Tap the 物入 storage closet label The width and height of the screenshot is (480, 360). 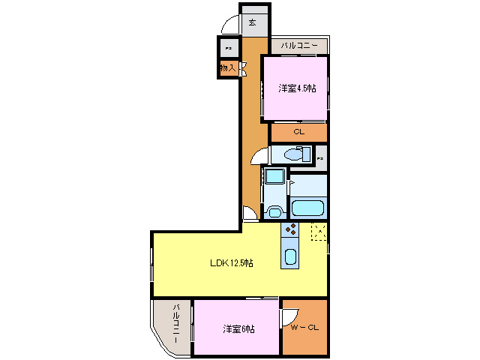(x=228, y=68)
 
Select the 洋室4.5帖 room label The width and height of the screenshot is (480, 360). (x=297, y=88)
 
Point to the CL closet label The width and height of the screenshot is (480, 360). (x=298, y=132)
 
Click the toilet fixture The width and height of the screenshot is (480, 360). (x=297, y=155)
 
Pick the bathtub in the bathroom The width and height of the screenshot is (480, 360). (x=307, y=208)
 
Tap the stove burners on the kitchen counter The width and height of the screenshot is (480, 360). (x=290, y=229)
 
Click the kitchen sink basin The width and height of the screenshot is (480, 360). (x=290, y=257)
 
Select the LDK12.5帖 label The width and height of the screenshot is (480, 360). (x=231, y=263)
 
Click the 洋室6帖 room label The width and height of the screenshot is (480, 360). (x=238, y=329)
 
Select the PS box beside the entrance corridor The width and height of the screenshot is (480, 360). (x=228, y=48)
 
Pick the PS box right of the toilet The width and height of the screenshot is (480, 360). (x=320, y=158)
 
